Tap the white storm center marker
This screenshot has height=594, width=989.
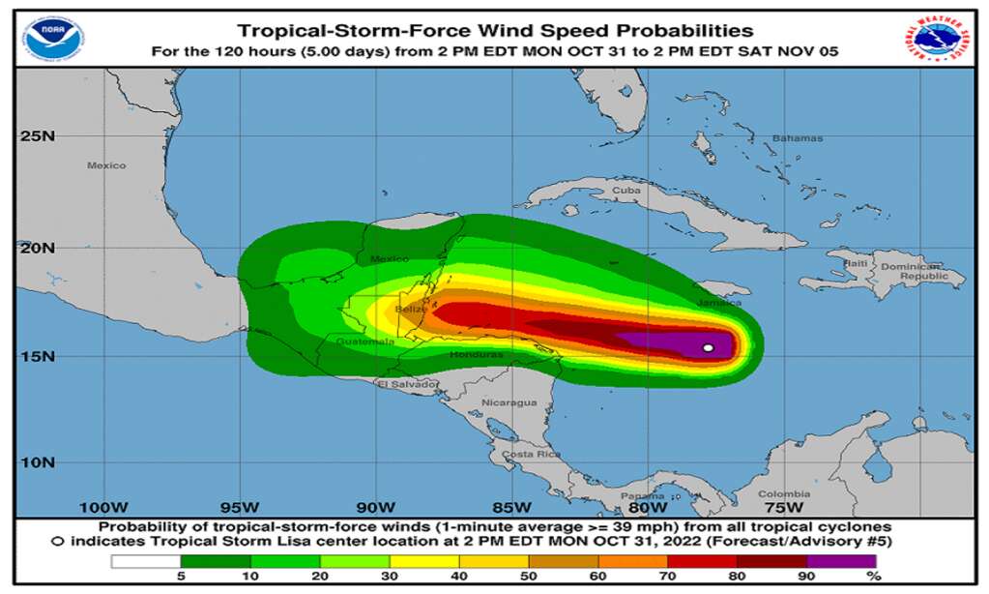point(708,347)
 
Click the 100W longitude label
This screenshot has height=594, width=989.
point(103,507)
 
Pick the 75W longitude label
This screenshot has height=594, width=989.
point(784,507)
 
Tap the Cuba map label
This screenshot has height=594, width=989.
point(626,191)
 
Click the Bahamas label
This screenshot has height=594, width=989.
point(798,138)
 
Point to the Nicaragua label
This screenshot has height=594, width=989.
point(509,402)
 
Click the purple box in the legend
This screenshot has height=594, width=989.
point(841,560)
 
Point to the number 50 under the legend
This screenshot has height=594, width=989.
point(529,577)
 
